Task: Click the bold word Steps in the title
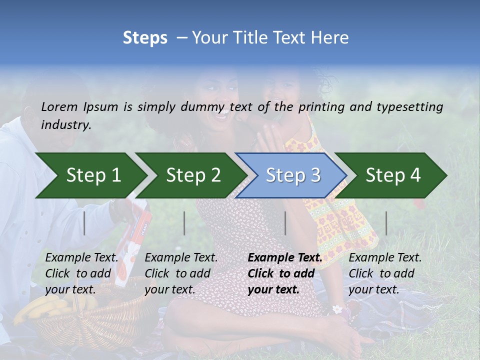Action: (145, 38)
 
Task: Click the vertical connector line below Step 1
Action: (84, 223)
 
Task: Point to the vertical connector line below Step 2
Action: (184, 223)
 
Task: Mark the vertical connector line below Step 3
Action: (285, 223)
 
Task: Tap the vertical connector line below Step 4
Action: (386, 223)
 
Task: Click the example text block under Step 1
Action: (82, 273)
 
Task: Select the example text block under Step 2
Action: (181, 273)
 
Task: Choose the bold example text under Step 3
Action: (285, 273)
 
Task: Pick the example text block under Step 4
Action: (385, 273)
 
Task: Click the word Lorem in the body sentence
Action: (59, 106)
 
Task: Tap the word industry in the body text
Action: (65, 124)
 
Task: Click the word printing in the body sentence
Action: (321, 106)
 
